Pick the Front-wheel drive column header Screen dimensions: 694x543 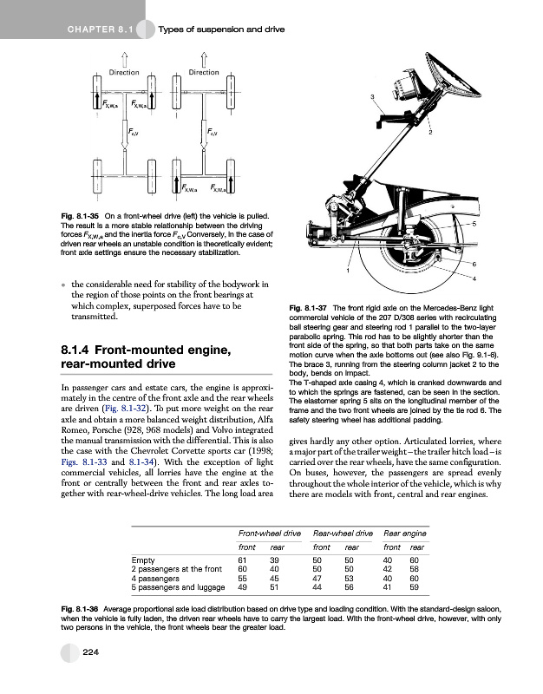270,532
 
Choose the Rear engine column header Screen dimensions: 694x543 404,532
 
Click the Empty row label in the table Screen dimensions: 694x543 143,560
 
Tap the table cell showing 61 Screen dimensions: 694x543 243,560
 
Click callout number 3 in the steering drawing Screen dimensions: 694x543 372,95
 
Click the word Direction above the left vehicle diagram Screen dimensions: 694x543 125,72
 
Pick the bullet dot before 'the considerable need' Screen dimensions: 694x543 64,284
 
